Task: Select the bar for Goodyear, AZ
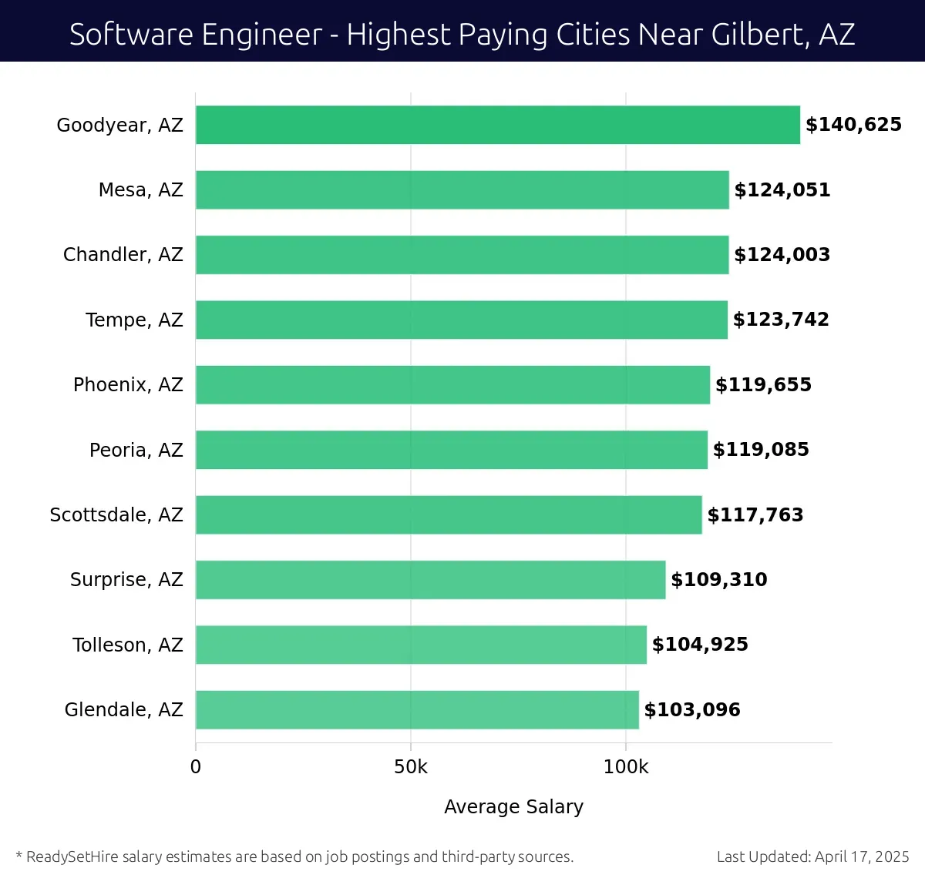[x=497, y=125]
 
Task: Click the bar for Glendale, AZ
[x=417, y=709]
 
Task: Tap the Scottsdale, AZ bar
[x=449, y=514]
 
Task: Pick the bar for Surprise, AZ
[x=430, y=579]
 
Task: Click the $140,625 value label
[x=853, y=125]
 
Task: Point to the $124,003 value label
[x=782, y=255]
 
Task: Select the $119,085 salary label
[x=761, y=450]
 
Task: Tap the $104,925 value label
[x=700, y=645]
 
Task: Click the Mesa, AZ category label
[x=140, y=190]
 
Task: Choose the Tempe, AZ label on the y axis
[x=134, y=320]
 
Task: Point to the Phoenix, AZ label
[x=128, y=385]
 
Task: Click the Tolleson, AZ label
[x=128, y=645]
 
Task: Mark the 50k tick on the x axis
[x=410, y=767]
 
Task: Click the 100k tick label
[x=625, y=767]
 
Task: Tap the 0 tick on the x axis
[x=196, y=767]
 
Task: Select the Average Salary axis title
[x=513, y=806]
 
